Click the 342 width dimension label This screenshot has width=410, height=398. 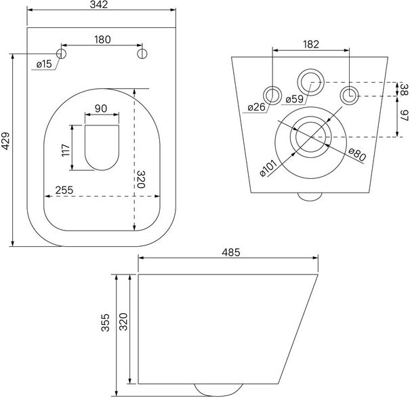click(99, 5)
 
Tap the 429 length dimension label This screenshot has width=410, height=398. click(5, 141)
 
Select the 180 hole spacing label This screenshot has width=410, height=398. click(102, 39)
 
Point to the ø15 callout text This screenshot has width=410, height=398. click(44, 64)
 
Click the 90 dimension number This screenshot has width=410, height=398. click(101, 108)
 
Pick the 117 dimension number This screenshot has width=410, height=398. click(66, 150)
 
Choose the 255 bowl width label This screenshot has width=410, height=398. click(64, 191)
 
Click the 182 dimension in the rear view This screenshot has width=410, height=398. click(311, 45)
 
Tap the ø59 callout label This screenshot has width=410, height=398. click(295, 100)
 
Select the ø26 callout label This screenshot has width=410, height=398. click(257, 107)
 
